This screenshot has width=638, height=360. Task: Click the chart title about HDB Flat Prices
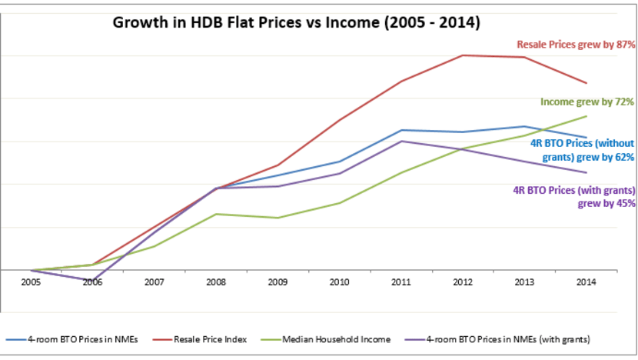[297, 22]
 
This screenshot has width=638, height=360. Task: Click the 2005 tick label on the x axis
[31, 282]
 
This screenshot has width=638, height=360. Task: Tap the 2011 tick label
[400, 282]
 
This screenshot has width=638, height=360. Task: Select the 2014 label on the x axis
[586, 282]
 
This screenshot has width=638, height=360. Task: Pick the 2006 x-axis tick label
[92, 282]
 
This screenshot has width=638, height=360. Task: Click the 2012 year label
[463, 282]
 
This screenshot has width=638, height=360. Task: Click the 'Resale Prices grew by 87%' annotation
[575, 45]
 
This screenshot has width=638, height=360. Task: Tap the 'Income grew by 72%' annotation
[587, 102]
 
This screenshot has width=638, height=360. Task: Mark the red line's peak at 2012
[463, 55]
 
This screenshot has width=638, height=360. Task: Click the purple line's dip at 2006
[92, 281]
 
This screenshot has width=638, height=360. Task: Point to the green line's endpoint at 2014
[586, 116]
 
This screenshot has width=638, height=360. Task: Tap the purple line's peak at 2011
[400, 141]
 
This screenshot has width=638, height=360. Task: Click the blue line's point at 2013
[524, 126]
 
